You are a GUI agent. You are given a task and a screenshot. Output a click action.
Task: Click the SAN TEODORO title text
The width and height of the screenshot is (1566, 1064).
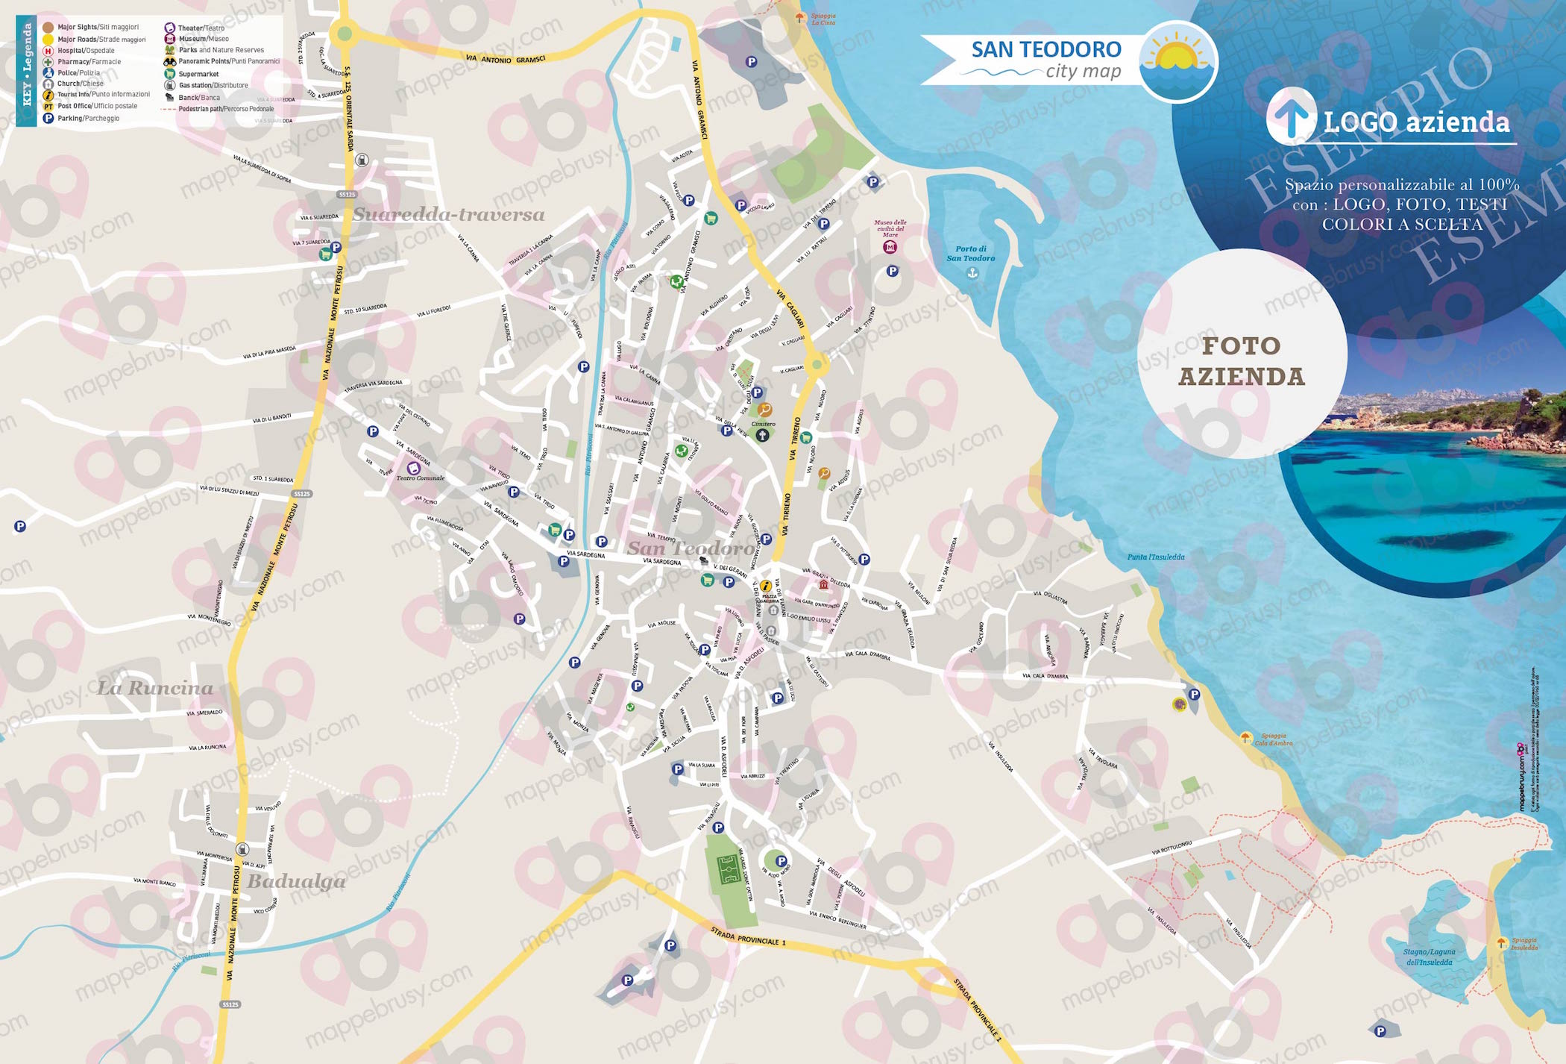[x=1045, y=50]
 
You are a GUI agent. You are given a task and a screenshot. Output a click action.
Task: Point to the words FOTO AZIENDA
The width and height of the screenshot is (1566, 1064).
[x=1242, y=361]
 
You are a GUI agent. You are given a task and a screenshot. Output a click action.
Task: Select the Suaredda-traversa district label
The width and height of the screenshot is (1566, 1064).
[x=448, y=215]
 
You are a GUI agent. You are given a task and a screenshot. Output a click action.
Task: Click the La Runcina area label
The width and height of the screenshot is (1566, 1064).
[x=155, y=688]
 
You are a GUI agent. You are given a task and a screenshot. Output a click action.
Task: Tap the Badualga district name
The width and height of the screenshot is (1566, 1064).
[x=296, y=881]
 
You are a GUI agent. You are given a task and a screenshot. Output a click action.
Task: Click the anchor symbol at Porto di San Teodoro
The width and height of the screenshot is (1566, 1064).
[x=972, y=273]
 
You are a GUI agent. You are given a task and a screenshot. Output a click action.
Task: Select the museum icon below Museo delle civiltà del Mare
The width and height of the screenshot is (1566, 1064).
[x=890, y=247]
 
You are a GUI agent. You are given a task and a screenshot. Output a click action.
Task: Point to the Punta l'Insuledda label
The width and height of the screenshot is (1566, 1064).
[x=1155, y=557]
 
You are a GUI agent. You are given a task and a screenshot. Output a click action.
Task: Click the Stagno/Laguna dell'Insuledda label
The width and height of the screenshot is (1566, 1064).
[x=1429, y=957]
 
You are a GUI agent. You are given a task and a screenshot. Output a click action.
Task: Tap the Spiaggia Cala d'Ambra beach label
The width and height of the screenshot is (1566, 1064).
[x=1273, y=739]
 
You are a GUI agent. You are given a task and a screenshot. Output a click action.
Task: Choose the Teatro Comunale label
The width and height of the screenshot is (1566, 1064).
[x=420, y=478]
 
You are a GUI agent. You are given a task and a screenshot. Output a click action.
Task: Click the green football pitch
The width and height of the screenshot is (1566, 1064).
[x=728, y=869]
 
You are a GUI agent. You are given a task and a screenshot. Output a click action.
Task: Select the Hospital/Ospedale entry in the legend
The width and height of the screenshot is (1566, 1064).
[x=86, y=51]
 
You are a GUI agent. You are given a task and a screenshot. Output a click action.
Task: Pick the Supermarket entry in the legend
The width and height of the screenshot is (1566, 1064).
[x=198, y=74]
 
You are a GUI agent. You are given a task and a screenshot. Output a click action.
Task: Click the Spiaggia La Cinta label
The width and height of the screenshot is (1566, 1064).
[x=823, y=19]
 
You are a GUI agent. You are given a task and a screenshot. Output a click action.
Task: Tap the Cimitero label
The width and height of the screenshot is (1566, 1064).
[x=763, y=424]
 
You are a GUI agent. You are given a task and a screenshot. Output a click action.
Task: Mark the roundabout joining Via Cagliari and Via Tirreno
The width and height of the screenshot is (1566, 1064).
[x=817, y=364]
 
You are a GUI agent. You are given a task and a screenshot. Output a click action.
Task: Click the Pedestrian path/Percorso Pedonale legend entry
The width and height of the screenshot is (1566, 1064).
[x=225, y=109]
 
